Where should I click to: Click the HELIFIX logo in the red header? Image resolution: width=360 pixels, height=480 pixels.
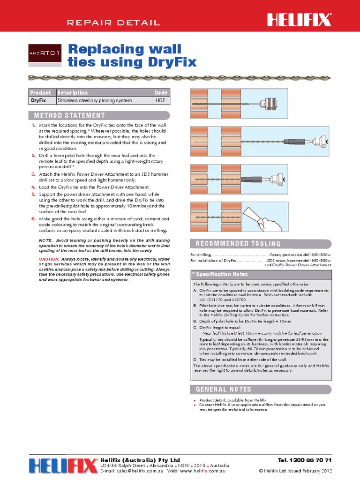(299, 20)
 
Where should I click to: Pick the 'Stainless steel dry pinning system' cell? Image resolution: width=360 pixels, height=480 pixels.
(95, 100)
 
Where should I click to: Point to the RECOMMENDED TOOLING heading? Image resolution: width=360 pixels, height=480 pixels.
(235, 243)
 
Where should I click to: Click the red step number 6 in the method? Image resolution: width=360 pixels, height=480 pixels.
(33, 218)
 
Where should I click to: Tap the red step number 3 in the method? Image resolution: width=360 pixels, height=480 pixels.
(33, 173)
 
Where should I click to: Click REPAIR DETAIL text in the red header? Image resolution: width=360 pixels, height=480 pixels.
(113, 22)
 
